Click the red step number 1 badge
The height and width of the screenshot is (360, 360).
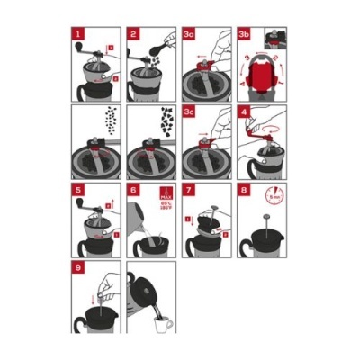(x=78, y=34)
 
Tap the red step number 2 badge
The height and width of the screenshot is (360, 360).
(x=133, y=34)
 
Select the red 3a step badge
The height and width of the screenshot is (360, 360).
(x=190, y=34)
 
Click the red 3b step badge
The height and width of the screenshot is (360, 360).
(x=246, y=34)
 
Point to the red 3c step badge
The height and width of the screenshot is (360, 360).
(x=190, y=113)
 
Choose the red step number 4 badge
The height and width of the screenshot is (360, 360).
(x=245, y=113)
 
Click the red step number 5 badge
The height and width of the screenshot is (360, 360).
(x=78, y=192)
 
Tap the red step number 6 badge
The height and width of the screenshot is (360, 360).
(x=133, y=192)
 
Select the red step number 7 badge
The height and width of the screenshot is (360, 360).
(x=189, y=192)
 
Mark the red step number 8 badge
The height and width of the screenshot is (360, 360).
(x=245, y=192)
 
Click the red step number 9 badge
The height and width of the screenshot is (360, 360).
(x=78, y=268)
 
